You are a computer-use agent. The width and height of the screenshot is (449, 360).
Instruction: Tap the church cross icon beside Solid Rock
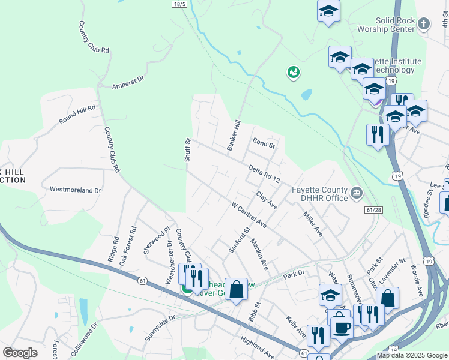pyautogui.click(x=424, y=24)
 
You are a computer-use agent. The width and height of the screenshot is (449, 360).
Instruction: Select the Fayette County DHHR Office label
pyautogui.click(x=319, y=194)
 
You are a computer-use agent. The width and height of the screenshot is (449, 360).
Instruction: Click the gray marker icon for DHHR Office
pyautogui.click(x=357, y=193)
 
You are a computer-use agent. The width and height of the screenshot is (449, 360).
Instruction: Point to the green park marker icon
pyautogui.click(x=294, y=73)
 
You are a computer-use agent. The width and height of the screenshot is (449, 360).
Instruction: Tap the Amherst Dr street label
pyautogui.click(x=128, y=82)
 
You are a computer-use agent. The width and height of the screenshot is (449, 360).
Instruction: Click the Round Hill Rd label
pyautogui.click(x=77, y=114)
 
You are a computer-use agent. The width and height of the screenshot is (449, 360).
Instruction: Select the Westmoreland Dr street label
pyautogui.click(x=75, y=190)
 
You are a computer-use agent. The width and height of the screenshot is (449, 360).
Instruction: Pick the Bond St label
pyautogui.click(x=264, y=145)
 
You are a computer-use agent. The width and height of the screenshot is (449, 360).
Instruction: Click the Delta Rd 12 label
pyautogui.click(x=264, y=174)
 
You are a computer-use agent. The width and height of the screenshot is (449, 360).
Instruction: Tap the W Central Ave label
pyautogui.click(x=249, y=214)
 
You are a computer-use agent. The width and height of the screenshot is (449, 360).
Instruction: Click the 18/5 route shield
pyautogui.click(x=179, y=4)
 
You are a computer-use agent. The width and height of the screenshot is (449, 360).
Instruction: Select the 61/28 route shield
pyautogui.click(x=373, y=209)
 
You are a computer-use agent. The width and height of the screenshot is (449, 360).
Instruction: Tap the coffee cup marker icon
pyautogui.click(x=342, y=327)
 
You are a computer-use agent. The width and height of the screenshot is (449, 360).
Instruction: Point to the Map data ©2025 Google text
pyautogui.click(x=411, y=355)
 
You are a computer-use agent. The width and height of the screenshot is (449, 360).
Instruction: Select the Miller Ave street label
pyautogui.click(x=313, y=224)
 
